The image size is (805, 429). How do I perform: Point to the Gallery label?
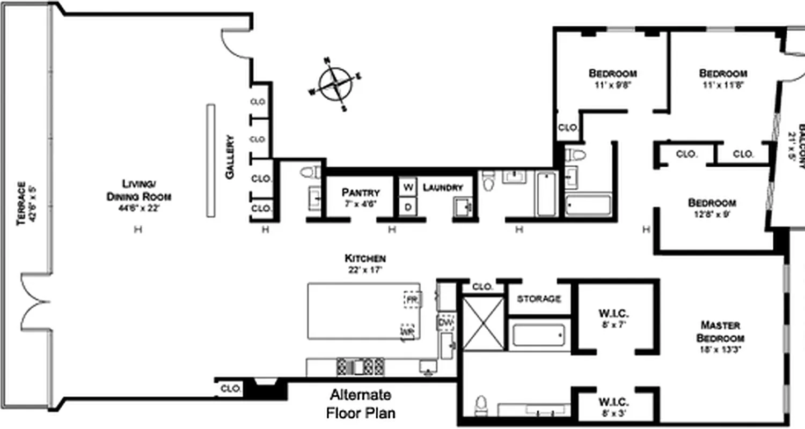click(230, 157)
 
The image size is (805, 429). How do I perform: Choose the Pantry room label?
click(361, 196)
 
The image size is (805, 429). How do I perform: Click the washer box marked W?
click(408, 187)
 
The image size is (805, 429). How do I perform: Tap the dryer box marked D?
click(408, 207)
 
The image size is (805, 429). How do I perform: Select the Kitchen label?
click(365, 263)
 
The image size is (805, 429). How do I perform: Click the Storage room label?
click(539, 299)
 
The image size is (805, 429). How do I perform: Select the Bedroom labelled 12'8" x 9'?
click(712, 207)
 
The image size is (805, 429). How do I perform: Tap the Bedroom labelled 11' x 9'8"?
click(612, 78)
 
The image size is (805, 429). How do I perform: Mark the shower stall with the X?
click(484, 324)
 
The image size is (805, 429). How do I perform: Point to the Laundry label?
click(443, 188)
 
